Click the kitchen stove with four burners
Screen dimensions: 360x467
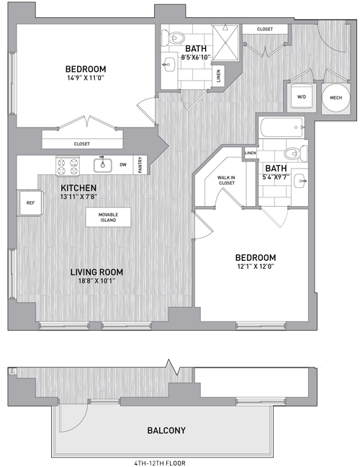[x=68, y=166]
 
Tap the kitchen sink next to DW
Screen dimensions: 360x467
[x=103, y=165]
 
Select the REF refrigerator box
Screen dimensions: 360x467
[x=30, y=203]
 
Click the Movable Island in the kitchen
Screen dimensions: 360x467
[x=108, y=217]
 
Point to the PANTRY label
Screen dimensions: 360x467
[x=140, y=165]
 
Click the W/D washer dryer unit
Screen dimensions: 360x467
[x=302, y=97]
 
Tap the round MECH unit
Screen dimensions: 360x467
[x=336, y=98]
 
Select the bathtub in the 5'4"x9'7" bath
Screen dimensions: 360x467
[x=282, y=128]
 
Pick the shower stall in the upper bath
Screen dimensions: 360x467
[x=226, y=43]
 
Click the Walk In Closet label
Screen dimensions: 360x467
[x=226, y=180]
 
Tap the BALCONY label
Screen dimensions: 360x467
[x=166, y=430]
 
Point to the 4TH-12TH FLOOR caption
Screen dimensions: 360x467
[x=160, y=463]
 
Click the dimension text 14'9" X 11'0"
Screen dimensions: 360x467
[x=86, y=78]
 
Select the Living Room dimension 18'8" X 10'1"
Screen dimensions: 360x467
[x=96, y=280]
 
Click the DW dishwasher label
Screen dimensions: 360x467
[x=123, y=165]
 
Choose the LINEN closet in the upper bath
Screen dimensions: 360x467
[x=219, y=76]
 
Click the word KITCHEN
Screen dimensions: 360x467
[x=78, y=188]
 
